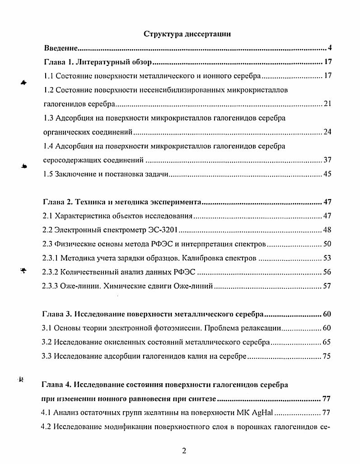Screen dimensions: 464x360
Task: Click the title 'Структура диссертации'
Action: pyautogui.click(x=187, y=34)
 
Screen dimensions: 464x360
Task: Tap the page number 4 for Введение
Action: pyautogui.click(x=330, y=48)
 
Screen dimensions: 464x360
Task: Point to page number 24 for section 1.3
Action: pyautogui.click(x=327, y=132)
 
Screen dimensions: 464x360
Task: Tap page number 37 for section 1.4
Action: pyautogui.click(x=327, y=160)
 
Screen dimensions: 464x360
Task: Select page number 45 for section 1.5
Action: pyautogui.click(x=327, y=174)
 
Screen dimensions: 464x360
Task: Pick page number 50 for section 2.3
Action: pyautogui.click(x=327, y=244)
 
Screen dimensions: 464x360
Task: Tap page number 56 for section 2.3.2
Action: pyautogui.click(x=327, y=272)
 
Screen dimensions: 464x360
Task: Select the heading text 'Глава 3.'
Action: pyautogui.click(x=56, y=314)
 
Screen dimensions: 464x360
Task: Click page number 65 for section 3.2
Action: pyautogui.click(x=327, y=342)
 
